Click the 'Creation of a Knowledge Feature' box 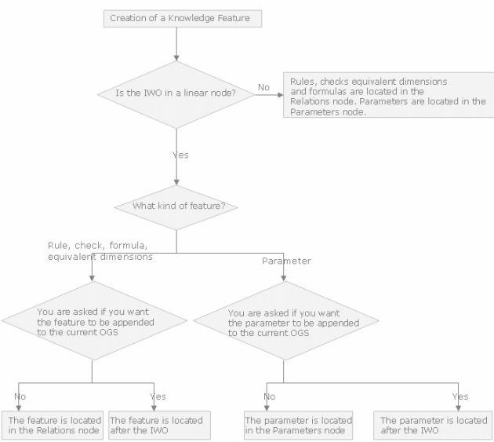(183, 19)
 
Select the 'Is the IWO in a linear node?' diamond (176, 94)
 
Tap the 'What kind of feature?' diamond (176, 207)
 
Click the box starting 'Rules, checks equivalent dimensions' (388, 95)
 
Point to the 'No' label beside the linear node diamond (263, 87)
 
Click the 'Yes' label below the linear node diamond (180, 155)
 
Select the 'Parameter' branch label (286, 261)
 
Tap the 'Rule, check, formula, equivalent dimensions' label (100, 251)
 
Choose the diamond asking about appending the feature (94, 320)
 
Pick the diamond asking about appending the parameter (285, 320)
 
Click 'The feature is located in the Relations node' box (53, 426)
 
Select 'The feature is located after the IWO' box (159, 426)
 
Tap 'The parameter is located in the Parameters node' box (298, 426)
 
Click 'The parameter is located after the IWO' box (433, 426)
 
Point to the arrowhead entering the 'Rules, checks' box (281, 95)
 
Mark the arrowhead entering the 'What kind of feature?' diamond (176, 182)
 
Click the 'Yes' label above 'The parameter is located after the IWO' (460, 396)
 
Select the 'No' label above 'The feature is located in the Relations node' (20, 396)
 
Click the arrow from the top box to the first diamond (176, 44)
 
